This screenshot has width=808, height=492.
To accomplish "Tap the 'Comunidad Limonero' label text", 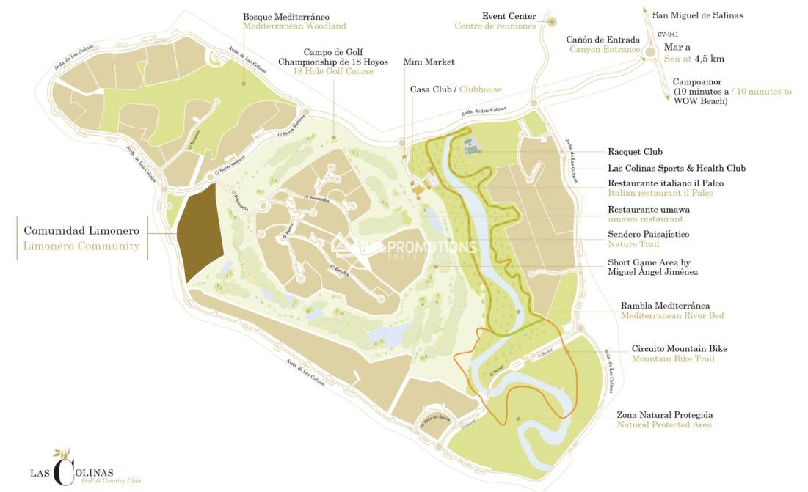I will click(x=82, y=230).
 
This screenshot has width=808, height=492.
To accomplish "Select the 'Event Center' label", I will click(x=509, y=16).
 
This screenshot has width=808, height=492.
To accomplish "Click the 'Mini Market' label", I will click(x=429, y=62).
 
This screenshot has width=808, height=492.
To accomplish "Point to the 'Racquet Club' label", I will click(x=635, y=153).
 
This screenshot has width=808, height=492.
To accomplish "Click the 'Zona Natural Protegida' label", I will click(x=665, y=415).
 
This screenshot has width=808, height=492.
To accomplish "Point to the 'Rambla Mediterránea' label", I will click(x=665, y=305).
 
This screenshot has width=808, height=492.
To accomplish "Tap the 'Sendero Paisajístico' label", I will click(x=648, y=234).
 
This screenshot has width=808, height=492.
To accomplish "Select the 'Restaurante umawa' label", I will click(x=648, y=210).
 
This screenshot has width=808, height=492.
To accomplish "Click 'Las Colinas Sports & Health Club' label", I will click(x=677, y=169).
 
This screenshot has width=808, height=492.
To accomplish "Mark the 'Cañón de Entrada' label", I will click(x=603, y=40).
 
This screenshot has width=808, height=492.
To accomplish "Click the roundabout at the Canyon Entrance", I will click(x=649, y=52).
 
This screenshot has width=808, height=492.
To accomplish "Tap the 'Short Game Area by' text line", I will click(x=649, y=262).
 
